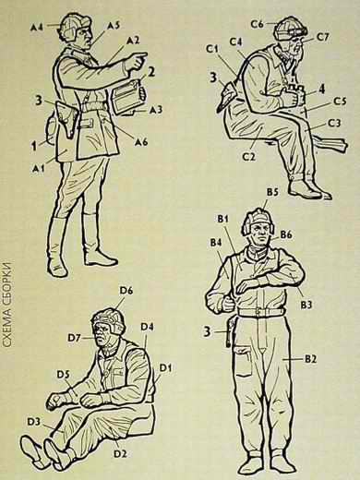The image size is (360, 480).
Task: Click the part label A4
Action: pos(37,28)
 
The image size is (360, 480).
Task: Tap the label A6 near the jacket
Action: pos(141,141)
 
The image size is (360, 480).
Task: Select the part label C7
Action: pos(322,37)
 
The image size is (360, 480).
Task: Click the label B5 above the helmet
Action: pos(272,193)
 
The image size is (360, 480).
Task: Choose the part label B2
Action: pos(311,359)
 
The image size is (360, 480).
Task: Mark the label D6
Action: pos(126,291)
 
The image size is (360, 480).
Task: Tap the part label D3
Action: pos(34,422)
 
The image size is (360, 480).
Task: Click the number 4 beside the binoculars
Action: pos(321,90)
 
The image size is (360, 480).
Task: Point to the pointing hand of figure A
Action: pos(135,62)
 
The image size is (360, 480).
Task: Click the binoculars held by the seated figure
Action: pos(295,93)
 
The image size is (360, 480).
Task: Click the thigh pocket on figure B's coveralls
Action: pos(244,359)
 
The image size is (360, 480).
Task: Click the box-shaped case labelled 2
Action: pos(126,94)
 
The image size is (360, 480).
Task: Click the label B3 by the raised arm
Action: pos(306,305)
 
